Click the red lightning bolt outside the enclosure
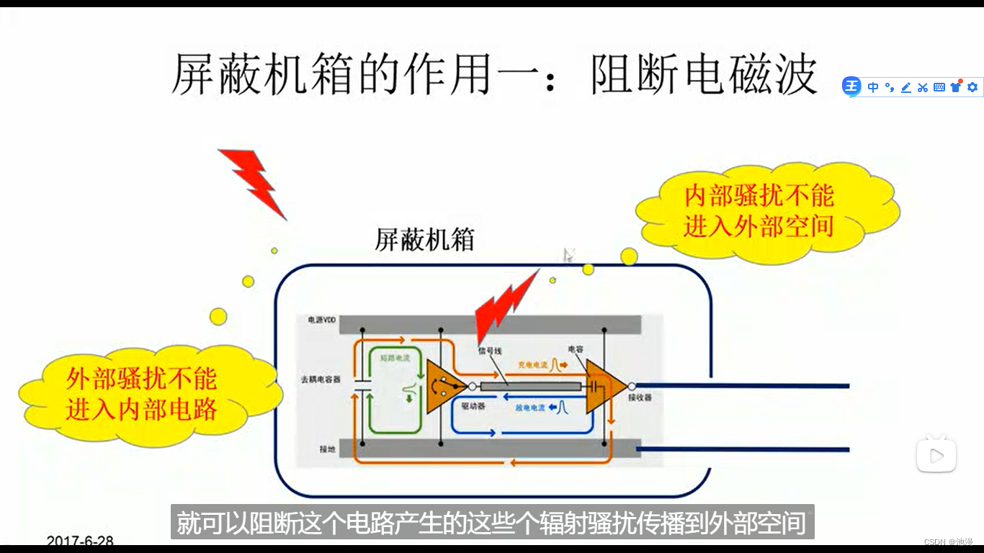click(x=253, y=180)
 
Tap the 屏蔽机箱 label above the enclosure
click(x=425, y=240)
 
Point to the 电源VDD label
click(x=322, y=320)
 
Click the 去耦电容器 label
click(x=321, y=379)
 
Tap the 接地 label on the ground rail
click(x=328, y=449)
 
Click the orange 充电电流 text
click(x=533, y=365)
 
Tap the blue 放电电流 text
click(x=529, y=408)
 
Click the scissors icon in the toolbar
click(x=923, y=87)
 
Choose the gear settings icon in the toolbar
click(x=972, y=87)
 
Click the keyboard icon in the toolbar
click(x=939, y=87)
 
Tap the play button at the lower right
click(x=936, y=455)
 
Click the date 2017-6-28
click(x=80, y=541)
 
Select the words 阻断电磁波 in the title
click(x=704, y=75)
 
